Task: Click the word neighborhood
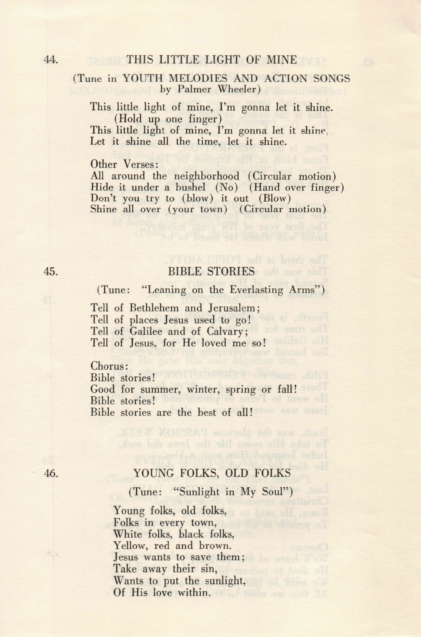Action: coord(207,176)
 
